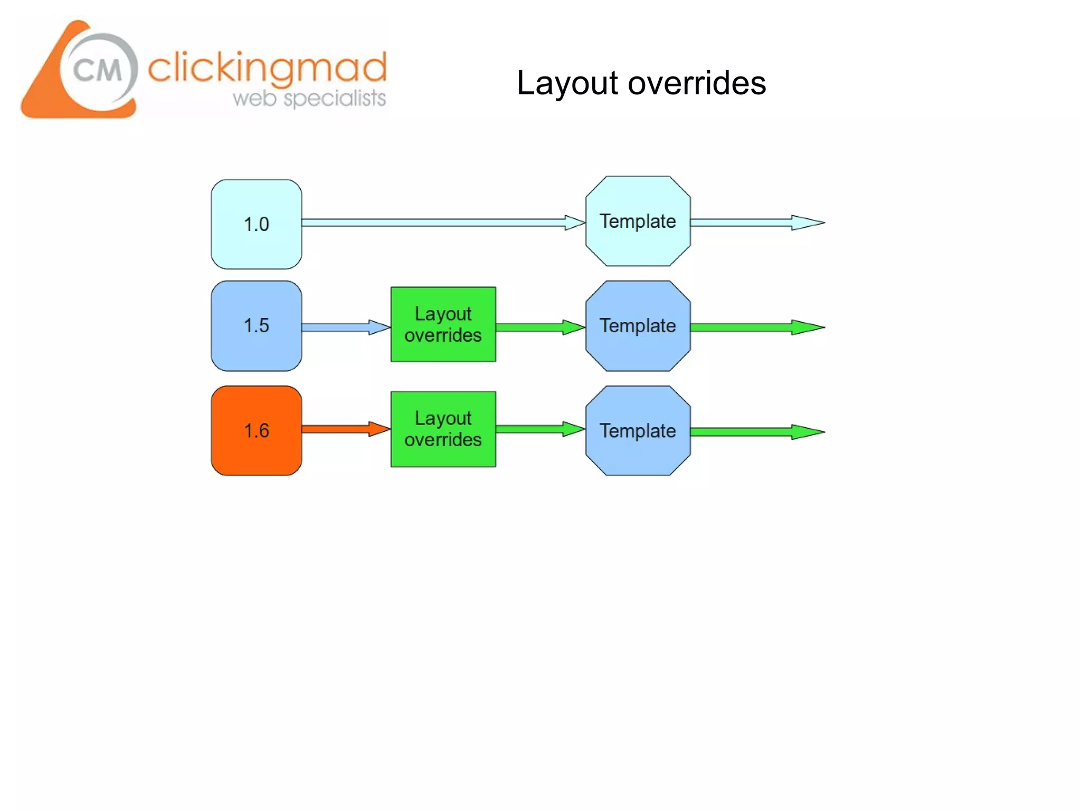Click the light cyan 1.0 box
(x=257, y=224)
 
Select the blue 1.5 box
(x=257, y=325)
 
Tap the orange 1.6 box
(x=257, y=430)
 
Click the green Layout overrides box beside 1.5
(x=443, y=324)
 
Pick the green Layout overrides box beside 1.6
(x=443, y=429)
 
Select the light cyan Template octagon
(x=638, y=221)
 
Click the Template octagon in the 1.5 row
(x=638, y=325)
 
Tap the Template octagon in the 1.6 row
(x=638, y=430)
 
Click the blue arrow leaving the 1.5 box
(x=343, y=327)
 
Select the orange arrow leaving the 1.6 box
(x=343, y=429)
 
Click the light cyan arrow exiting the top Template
(x=755, y=223)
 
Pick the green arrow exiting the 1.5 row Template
(x=755, y=327)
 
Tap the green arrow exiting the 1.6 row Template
(x=755, y=432)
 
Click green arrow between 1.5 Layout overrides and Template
(x=538, y=327)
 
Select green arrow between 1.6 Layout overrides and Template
(x=538, y=429)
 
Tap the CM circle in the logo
(x=98, y=70)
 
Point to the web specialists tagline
(x=309, y=99)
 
